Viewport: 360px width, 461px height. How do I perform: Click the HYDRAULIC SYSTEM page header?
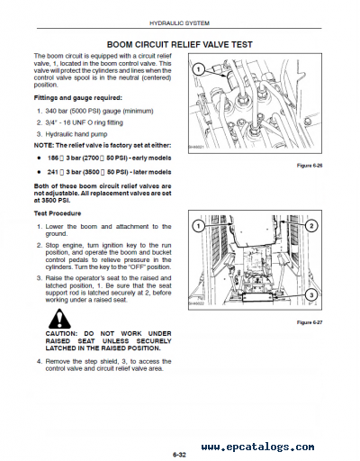pyautogui.click(x=179, y=24)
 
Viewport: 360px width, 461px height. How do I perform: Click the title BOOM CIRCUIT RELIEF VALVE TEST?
pyautogui.click(x=179, y=43)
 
